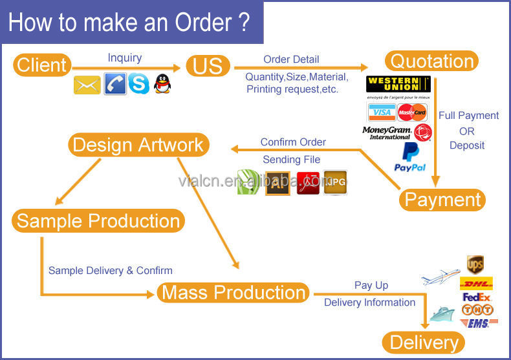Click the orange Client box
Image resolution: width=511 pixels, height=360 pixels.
(41, 65)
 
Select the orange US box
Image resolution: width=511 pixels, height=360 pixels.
(208, 65)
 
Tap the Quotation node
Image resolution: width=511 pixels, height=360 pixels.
(431, 61)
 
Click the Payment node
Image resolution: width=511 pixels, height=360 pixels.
(443, 199)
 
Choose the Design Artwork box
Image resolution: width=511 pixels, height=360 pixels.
(138, 144)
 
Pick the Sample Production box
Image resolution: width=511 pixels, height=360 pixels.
(98, 221)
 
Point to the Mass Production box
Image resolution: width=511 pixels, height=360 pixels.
(234, 292)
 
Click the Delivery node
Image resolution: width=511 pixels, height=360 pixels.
(424, 343)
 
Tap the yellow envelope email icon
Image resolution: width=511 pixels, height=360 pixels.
(87, 84)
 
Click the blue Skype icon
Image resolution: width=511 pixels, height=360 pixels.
(138, 84)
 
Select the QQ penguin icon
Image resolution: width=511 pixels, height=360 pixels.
(162, 84)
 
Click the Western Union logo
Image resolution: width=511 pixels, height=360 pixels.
(398, 85)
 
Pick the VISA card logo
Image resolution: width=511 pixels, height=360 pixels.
(382, 113)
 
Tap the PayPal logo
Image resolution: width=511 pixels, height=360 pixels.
(409, 158)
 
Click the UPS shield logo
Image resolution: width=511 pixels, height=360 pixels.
(475, 264)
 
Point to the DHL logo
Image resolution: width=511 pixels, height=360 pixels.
(477, 283)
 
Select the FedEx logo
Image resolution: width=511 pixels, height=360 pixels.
(477, 297)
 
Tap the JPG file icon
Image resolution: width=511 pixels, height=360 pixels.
(335, 182)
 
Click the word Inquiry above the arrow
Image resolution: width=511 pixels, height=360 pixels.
(125, 58)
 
